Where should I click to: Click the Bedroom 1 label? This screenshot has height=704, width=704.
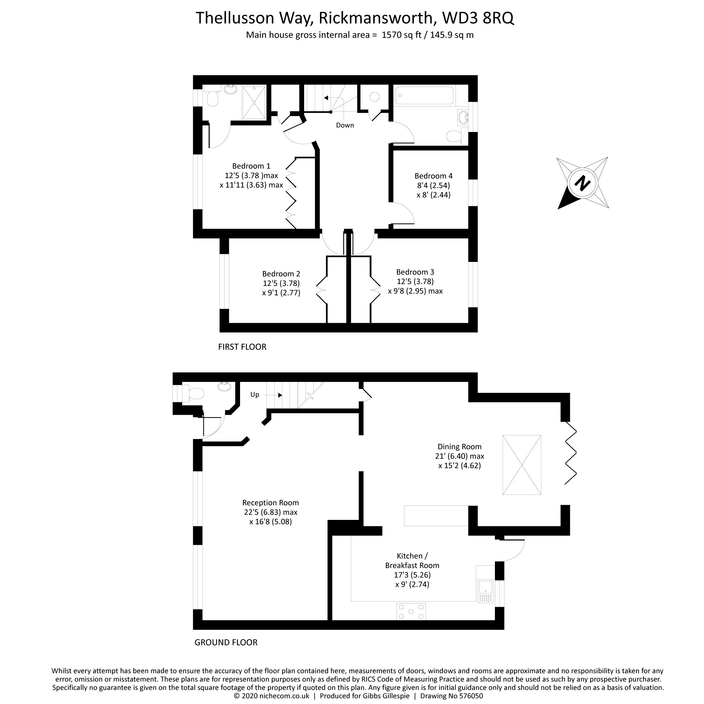(x=251, y=166)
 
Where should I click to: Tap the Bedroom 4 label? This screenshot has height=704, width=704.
(x=433, y=176)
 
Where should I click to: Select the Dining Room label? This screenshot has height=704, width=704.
(x=459, y=447)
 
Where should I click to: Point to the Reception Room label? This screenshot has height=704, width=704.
(x=270, y=503)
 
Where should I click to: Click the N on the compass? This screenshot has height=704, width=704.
(x=582, y=183)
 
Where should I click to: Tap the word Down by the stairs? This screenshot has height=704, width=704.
(x=345, y=125)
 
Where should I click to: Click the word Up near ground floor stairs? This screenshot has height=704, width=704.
(x=255, y=395)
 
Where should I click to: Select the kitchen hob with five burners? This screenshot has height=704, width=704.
(x=411, y=611)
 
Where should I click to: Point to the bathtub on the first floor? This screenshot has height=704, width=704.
(x=425, y=95)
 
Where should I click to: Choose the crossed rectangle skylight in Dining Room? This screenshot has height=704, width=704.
(x=521, y=465)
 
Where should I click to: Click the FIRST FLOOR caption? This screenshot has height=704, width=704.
(x=242, y=347)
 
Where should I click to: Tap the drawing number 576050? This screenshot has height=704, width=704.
(x=469, y=696)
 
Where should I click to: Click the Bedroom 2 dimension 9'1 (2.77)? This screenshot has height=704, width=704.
(x=281, y=293)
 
